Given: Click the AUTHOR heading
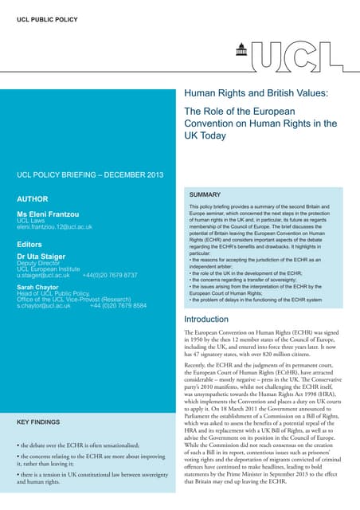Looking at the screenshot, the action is click(x=33, y=198).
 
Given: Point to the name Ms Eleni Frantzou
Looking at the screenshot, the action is click(x=49, y=216).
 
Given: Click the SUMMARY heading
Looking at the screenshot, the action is click(x=205, y=194).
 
